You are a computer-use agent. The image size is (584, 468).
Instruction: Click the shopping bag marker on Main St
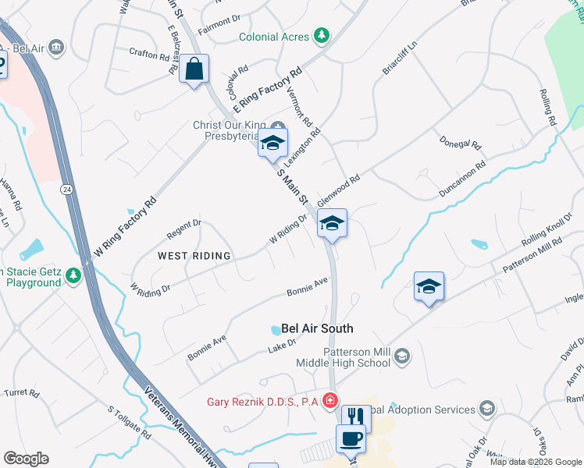pyautogui.click(x=194, y=69)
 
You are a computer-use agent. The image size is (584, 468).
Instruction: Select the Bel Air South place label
pyautogui.click(x=317, y=328)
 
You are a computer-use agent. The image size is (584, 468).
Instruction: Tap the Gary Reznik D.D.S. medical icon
pyautogui.click(x=331, y=401)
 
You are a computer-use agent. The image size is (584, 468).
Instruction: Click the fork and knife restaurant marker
pyautogui.click(x=355, y=418)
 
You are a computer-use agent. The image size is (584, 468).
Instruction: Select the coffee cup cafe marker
pyautogui.click(x=351, y=438)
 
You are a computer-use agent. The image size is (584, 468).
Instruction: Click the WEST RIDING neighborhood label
pyautogui.click(x=194, y=256)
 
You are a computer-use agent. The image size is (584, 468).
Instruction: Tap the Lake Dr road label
pyautogui.click(x=283, y=343)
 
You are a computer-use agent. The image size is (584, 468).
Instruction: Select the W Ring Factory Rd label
pyautogui.click(x=125, y=227)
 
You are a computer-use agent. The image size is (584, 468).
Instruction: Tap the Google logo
pyautogui.click(x=26, y=459)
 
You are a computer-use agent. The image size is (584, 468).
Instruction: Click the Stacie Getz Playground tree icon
pyautogui.click(x=73, y=275)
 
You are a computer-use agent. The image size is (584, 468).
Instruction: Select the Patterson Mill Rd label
pyautogui.click(x=532, y=255)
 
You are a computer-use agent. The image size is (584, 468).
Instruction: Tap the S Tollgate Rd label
pyautogui.click(x=129, y=421)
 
